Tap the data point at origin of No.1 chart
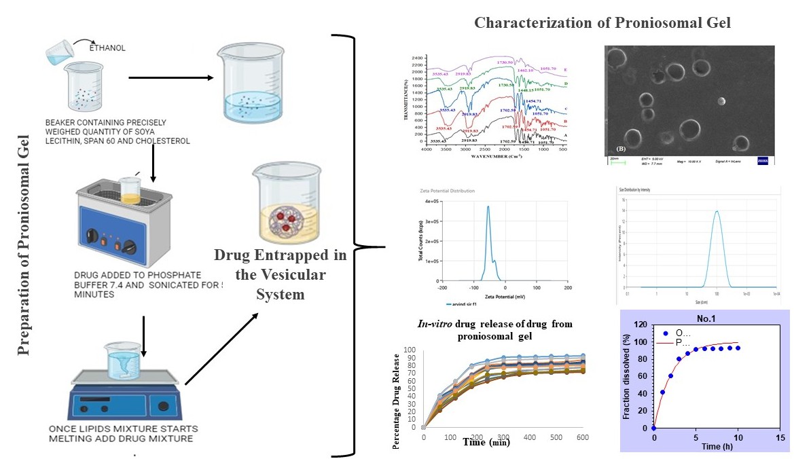653,428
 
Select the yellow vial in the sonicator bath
130,191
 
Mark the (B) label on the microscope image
620,147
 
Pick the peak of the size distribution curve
716,210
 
